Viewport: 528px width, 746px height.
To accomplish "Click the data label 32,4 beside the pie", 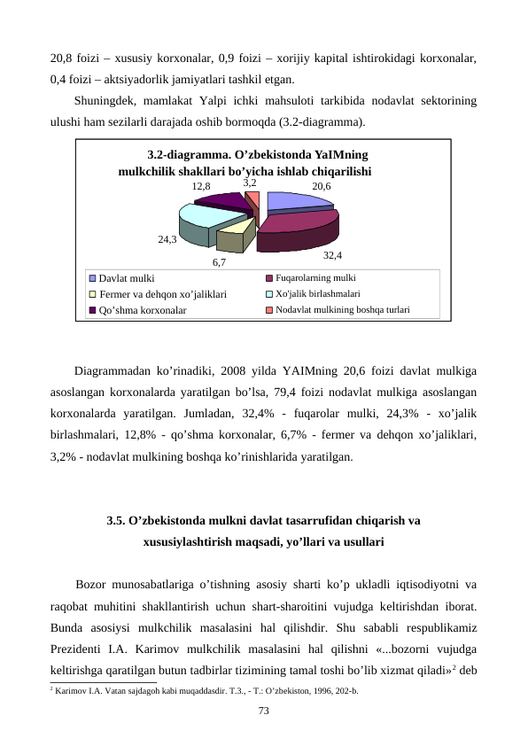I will coord(334,255).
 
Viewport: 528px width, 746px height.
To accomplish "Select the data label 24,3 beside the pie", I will coord(167,239).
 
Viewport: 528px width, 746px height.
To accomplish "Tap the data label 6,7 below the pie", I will coord(220,261).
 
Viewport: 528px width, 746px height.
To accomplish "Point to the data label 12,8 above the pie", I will coord(200,187).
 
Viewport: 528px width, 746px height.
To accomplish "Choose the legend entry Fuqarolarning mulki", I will coord(315,278).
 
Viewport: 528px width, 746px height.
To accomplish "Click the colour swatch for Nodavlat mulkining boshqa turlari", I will coord(269,310).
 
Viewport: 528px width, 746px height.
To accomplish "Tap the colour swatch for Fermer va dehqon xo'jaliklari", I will coord(92,294).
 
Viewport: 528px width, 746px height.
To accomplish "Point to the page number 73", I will coord(263,711).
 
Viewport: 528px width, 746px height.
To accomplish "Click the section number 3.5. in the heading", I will coord(116,520).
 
